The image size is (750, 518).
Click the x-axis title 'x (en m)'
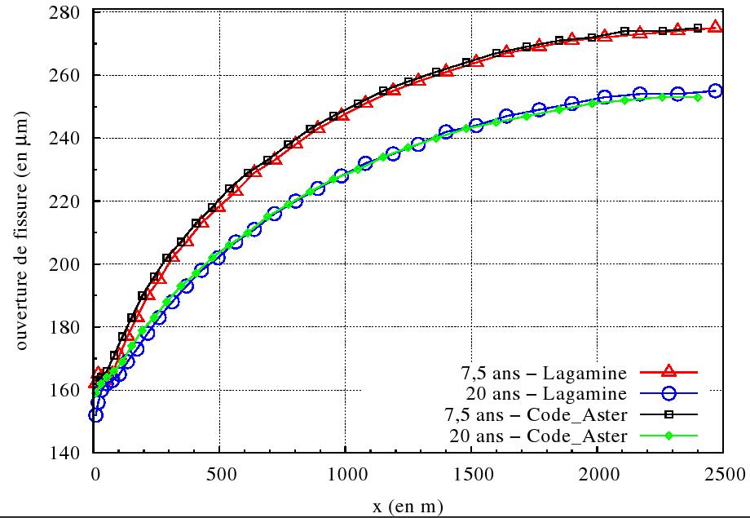[x=408, y=507]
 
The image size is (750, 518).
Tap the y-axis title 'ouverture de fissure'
[x=22, y=232]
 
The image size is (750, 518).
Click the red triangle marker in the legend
[x=668, y=374]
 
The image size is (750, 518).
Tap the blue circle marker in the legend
[x=668, y=395]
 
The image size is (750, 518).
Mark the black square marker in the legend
[x=668, y=415]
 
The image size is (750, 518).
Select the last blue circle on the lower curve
[x=715, y=91]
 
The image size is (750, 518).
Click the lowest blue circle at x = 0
[x=95, y=415]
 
